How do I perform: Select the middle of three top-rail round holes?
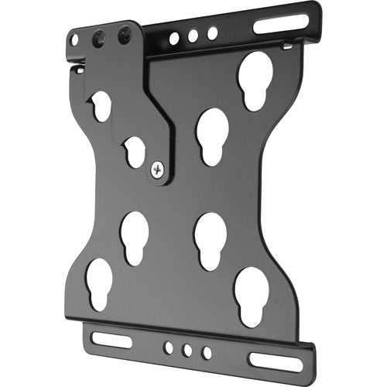(x=193, y=36)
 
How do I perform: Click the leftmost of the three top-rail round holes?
(x=174, y=39)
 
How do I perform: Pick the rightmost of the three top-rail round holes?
(x=212, y=33)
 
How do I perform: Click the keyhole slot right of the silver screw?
(x=211, y=136)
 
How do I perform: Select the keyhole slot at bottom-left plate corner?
(x=100, y=283)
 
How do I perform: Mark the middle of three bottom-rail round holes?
(x=187, y=350)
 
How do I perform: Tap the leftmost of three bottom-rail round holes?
(x=167, y=346)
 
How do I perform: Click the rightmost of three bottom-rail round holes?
(x=207, y=352)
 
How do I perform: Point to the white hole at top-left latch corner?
(x=74, y=39)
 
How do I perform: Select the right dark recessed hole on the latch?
(x=124, y=34)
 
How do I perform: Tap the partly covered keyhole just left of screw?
(x=134, y=151)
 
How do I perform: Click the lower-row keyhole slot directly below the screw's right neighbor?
(x=210, y=239)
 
